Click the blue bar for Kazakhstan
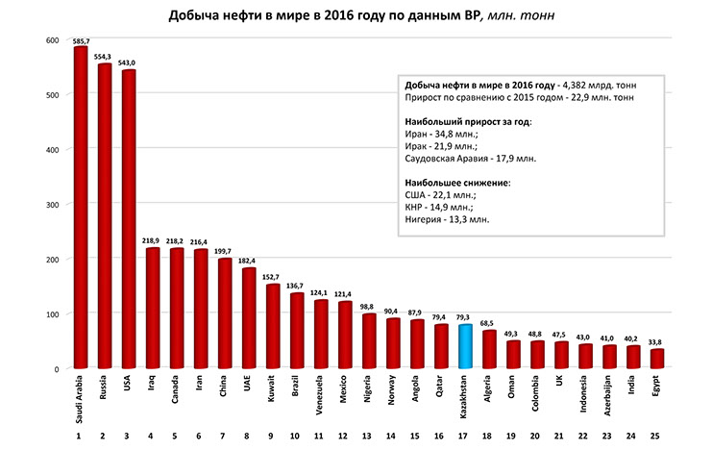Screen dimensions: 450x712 [464, 347]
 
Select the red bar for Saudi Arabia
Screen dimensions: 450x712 [80, 208]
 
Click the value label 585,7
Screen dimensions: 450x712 [80, 41]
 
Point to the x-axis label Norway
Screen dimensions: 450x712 [392, 393]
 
